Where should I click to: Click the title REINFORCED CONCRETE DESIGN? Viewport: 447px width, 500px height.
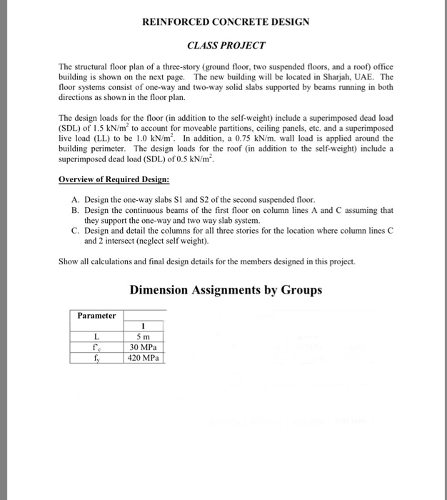226,22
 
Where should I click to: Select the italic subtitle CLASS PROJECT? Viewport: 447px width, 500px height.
226,46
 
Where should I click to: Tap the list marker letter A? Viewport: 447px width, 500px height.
75,200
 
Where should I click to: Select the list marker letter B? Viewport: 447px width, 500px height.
75,211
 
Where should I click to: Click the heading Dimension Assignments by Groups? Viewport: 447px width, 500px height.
226,291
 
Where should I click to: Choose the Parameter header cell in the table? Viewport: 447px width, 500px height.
96,316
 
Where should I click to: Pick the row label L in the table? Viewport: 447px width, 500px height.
96,337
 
